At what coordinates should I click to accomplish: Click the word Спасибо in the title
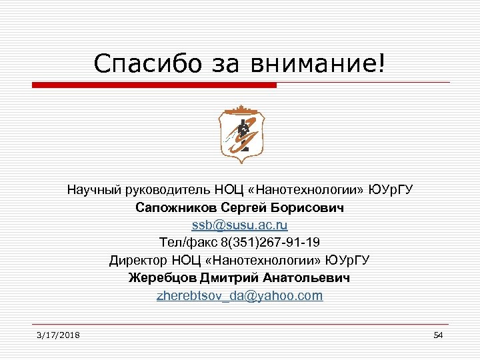138,64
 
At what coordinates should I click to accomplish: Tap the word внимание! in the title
319,64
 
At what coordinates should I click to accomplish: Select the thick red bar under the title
154,85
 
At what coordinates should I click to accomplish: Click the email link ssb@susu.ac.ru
240,225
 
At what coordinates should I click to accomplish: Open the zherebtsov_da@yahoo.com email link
240,295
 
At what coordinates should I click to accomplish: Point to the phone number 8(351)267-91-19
268,243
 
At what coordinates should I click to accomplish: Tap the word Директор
137,260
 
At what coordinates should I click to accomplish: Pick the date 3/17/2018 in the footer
59,335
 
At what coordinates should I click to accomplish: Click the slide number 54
438,335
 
